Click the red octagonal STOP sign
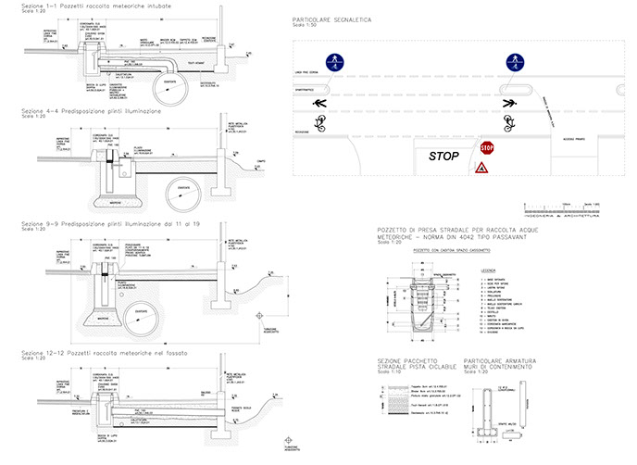pos(487,147)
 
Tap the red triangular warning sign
pos(482,169)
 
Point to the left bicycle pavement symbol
pos(321,120)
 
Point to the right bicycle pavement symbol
pos(508,120)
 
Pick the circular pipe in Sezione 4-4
pos(185,192)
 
